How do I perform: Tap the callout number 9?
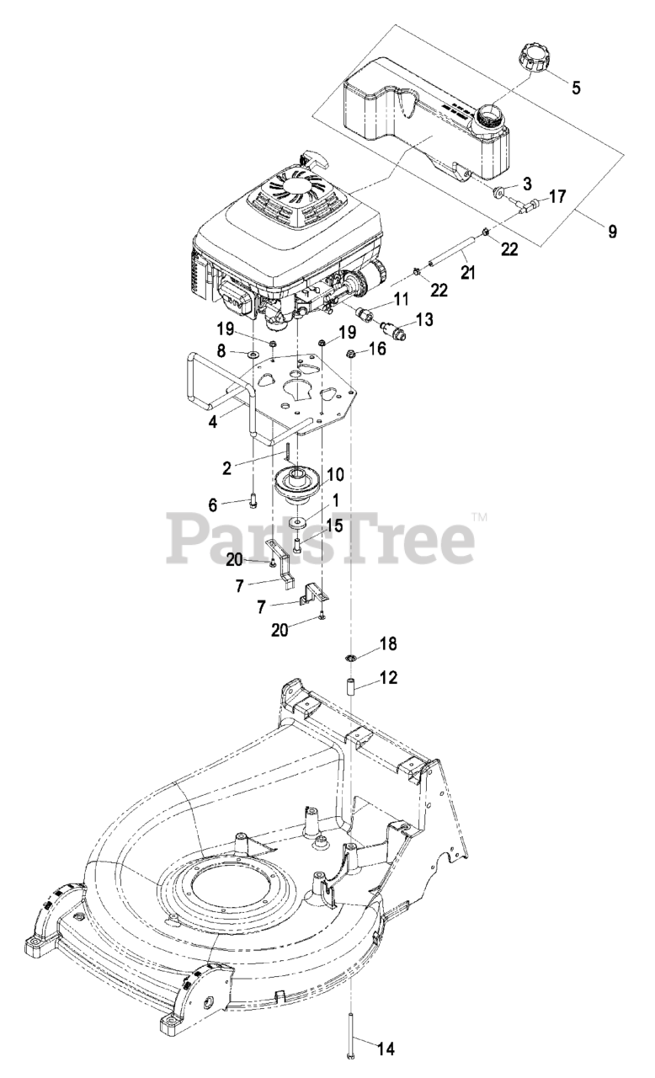click(x=613, y=231)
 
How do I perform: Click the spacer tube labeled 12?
click(x=347, y=681)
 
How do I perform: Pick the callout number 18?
click(x=386, y=644)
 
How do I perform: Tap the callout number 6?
click(x=214, y=504)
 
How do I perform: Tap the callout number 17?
click(x=556, y=196)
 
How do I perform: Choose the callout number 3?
click(x=527, y=183)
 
